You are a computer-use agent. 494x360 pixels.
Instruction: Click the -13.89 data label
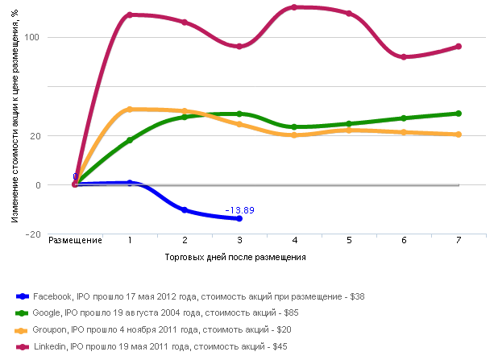click(240, 210)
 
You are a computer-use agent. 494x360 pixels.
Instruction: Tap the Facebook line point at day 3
click(239, 218)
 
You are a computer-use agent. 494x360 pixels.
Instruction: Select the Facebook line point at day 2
click(185, 210)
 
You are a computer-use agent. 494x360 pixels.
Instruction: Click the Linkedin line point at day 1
click(130, 15)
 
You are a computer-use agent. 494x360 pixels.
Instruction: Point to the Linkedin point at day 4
click(294, 7)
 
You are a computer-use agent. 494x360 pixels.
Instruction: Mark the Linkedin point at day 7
click(459, 47)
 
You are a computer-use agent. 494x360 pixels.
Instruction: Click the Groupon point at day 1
click(130, 110)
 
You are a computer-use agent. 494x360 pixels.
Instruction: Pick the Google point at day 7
click(459, 114)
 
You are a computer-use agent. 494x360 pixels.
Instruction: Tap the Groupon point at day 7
click(459, 134)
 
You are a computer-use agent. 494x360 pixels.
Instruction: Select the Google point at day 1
click(130, 140)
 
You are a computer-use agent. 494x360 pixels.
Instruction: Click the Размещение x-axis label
click(75, 241)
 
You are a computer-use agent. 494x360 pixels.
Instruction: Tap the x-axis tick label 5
click(349, 241)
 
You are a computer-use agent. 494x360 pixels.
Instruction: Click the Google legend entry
click(165, 313)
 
